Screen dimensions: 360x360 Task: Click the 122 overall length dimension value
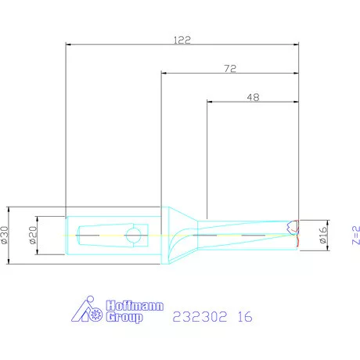pyautogui.click(x=182, y=40)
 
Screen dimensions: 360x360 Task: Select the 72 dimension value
pyautogui.click(x=230, y=69)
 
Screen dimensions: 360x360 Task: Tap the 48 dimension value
pyautogui.click(x=253, y=97)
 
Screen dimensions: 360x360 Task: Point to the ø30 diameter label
pyautogui.click(x=5, y=235)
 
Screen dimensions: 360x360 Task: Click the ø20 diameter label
pyautogui.click(x=33, y=235)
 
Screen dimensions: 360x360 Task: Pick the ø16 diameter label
pyautogui.click(x=323, y=235)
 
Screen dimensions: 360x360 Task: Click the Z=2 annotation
pyautogui.click(x=356, y=236)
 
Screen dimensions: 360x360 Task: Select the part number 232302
pyautogui.click(x=200, y=317)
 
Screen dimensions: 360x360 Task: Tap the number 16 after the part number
pyautogui.click(x=245, y=317)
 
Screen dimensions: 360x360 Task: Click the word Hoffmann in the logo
pyautogui.click(x=135, y=305)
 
